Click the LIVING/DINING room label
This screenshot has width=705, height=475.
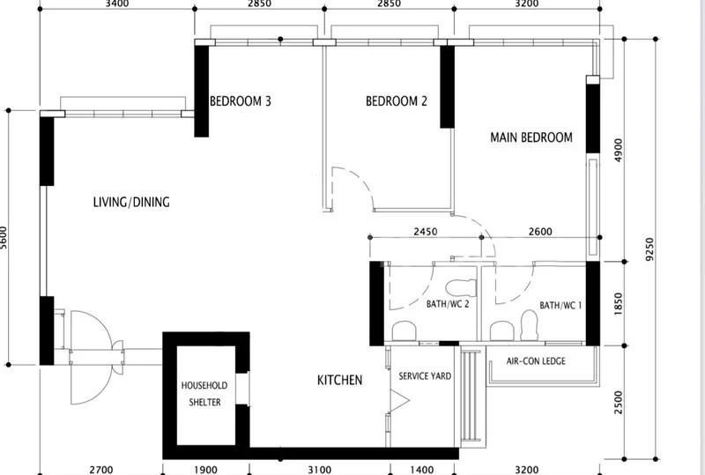tap(131, 203)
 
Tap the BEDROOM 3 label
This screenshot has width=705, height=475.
tap(240, 101)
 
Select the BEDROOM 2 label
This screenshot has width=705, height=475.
tap(397, 101)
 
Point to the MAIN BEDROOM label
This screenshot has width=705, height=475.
tap(531, 137)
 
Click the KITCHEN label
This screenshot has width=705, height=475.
tap(340, 381)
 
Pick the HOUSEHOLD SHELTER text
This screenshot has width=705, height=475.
tap(204, 394)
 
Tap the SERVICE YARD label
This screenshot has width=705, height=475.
tap(425, 376)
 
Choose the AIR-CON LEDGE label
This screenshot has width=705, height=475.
tap(537, 361)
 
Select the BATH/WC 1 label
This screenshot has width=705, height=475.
tap(560, 306)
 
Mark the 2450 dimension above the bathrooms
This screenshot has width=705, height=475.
tap(425, 232)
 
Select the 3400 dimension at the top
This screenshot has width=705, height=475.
tap(116, 4)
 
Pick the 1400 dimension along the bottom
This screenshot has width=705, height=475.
tap(424, 470)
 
